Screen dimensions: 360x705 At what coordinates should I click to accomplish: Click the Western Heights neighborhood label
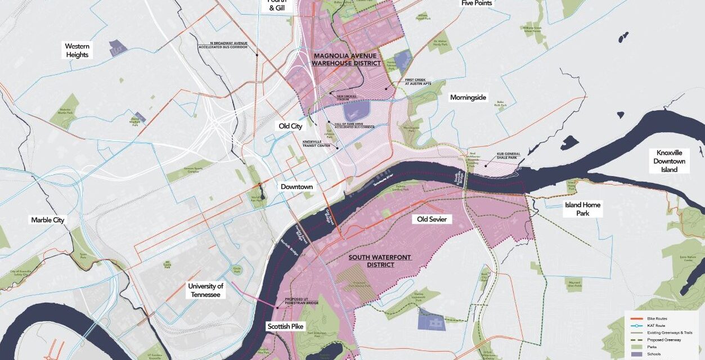coord(77,51)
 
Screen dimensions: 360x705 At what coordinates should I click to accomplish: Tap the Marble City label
coord(48,220)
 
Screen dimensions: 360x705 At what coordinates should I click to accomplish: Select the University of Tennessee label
coord(206,290)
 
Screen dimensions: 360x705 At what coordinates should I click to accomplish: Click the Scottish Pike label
coord(285,326)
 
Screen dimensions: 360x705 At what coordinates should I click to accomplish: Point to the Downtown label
coord(297,187)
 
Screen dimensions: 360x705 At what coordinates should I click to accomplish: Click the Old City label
coord(290,127)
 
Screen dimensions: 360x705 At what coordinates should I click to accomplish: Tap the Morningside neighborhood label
coord(468,98)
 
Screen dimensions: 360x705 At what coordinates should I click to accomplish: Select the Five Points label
coord(476,3)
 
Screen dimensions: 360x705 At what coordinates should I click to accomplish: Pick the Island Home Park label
coord(582,209)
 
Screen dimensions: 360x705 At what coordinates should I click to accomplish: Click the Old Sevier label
coord(432,219)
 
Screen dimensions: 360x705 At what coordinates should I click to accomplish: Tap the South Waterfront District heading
coord(380,261)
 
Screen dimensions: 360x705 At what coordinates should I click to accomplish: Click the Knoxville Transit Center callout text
coord(316,143)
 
